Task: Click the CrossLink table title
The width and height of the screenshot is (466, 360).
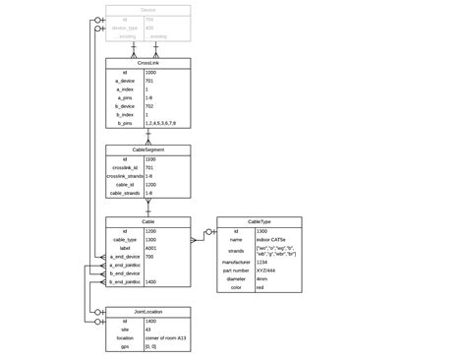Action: point(147,62)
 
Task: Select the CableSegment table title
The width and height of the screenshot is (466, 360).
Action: point(147,150)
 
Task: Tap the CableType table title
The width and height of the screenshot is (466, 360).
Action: point(260,222)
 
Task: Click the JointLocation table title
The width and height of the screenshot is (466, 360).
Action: point(147,311)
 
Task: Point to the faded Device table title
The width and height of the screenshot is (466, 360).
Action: point(147,9)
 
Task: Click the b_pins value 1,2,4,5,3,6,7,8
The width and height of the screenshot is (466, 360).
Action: point(162,124)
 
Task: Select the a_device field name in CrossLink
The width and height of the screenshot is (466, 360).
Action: point(124,80)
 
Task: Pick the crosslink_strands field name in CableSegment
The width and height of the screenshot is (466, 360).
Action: point(124,176)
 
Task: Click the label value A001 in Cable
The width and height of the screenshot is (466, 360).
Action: point(151,249)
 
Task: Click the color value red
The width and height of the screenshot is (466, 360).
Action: point(261,288)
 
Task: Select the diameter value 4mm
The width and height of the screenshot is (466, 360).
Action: point(262,279)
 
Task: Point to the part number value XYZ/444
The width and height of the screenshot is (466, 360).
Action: point(266,270)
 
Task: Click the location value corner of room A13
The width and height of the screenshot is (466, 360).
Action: point(166,337)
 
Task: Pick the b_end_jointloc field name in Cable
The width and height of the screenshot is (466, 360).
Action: point(124,282)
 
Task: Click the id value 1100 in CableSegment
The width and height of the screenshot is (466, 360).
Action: point(150,158)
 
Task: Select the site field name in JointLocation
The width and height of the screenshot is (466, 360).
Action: point(124,329)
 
